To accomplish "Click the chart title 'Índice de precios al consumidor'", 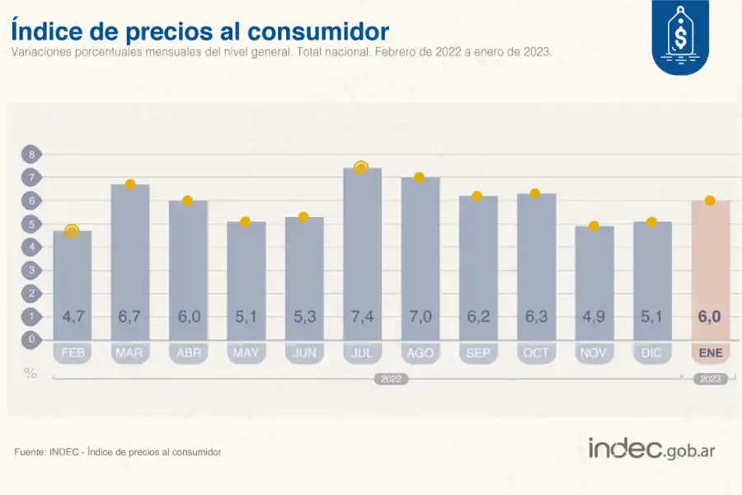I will point(200,31).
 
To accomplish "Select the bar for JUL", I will point(362,247).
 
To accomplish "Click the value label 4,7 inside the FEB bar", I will point(72,315).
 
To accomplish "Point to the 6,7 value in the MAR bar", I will point(130,315).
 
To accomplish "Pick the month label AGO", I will point(420,352).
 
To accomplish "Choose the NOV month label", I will point(594,352).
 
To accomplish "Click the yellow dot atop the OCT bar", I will point(535,193).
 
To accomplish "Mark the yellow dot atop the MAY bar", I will point(245,222).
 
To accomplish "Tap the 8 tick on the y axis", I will point(32,154).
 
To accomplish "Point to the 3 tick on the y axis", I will point(32,270).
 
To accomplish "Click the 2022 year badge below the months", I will point(391,379).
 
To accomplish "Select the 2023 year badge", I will point(710,379).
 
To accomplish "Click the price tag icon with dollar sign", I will point(680,38).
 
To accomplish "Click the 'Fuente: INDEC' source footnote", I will point(118,452).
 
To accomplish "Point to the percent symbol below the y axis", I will point(31,373).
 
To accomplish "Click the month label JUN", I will point(303,352).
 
